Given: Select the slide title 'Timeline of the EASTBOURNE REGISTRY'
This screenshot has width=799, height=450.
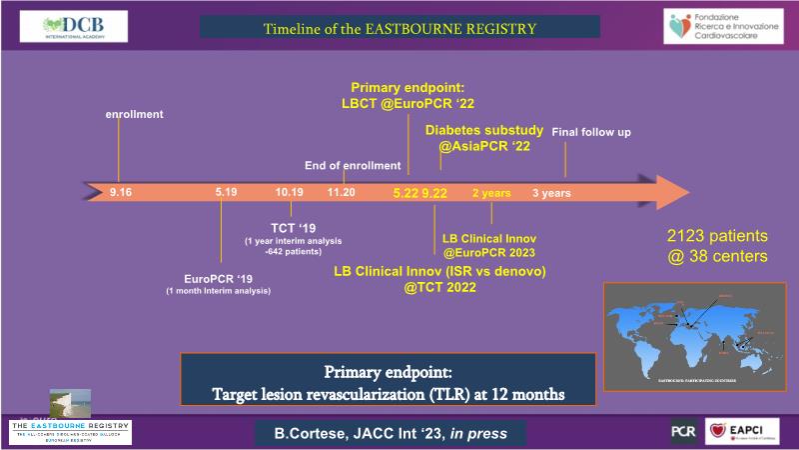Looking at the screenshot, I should [400, 27].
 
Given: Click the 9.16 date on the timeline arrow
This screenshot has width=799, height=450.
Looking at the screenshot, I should [121, 191].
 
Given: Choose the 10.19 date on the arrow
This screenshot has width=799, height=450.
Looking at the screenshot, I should [290, 191].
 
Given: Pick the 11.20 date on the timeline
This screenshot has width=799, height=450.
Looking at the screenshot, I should [343, 191].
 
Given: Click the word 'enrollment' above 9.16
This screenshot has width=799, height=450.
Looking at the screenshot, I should [135, 115].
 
